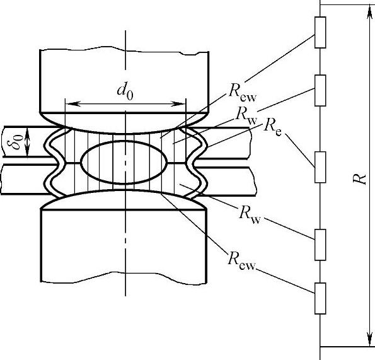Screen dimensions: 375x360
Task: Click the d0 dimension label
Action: [125, 92]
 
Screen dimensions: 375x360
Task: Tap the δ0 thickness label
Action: [18, 142]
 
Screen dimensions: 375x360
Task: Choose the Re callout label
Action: [272, 127]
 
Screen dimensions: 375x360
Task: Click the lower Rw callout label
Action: [250, 215]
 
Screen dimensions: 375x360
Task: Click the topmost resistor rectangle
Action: [320, 33]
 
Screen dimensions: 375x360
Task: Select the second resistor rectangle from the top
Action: [320, 90]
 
